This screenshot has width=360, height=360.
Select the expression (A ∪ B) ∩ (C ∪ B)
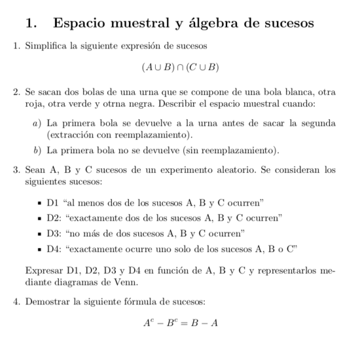180,67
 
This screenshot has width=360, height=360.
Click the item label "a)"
37,122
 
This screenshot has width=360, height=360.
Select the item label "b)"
37,152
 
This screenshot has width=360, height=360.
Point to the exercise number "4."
18,302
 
